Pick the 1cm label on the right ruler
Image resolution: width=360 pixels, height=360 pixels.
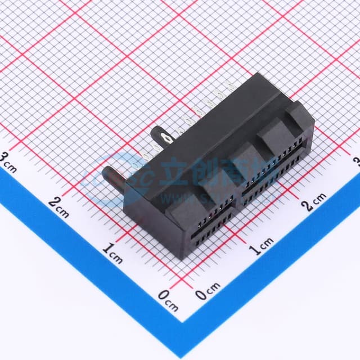tap(261, 246)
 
